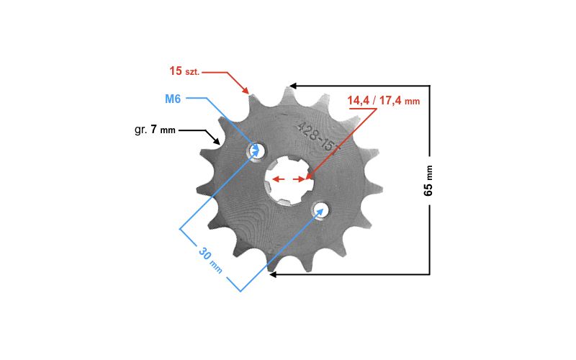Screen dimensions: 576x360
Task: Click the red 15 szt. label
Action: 184,71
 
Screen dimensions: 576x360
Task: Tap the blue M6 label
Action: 173,99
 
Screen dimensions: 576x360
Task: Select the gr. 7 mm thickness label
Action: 155,130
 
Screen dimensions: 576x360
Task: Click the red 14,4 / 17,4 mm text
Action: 384,101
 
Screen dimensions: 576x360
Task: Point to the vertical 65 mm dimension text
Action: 428,181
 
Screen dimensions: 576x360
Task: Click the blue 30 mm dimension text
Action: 210,260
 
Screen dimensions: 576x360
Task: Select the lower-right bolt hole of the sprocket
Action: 320,210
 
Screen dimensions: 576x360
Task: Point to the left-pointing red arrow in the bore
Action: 278,179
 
